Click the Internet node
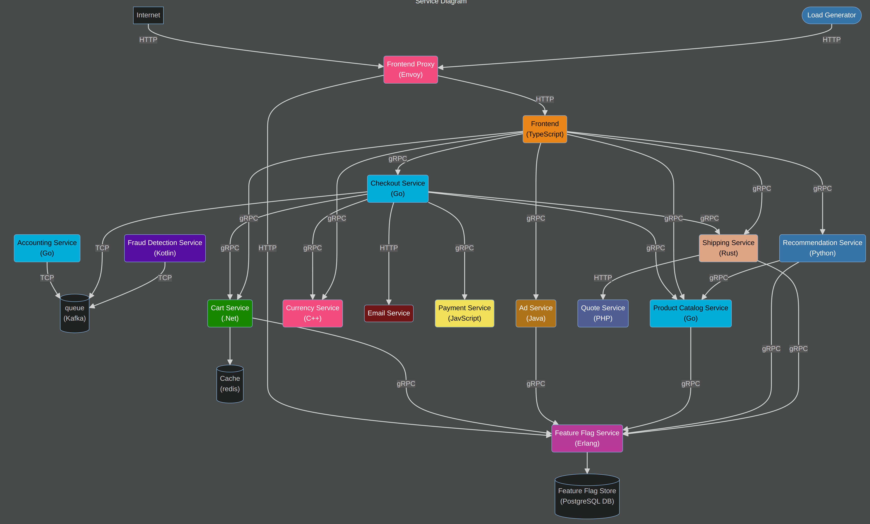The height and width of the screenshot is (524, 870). (x=148, y=15)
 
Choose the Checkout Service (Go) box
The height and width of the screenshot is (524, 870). (x=398, y=188)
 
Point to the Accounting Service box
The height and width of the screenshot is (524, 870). (x=47, y=248)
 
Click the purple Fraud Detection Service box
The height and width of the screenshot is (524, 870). (x=165, y=248)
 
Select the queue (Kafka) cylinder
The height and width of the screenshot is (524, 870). (x=74, y=313)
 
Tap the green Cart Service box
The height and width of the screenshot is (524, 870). (x=230, y=313)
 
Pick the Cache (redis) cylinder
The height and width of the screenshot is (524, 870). (x=230, y=384)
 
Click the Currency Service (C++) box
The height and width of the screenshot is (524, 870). (x=312, y=313)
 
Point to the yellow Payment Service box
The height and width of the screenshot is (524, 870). (x=464, y=313)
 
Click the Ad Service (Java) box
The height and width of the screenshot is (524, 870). (x=536, y=313)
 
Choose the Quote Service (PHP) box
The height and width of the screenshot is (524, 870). (x=603, y=313)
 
